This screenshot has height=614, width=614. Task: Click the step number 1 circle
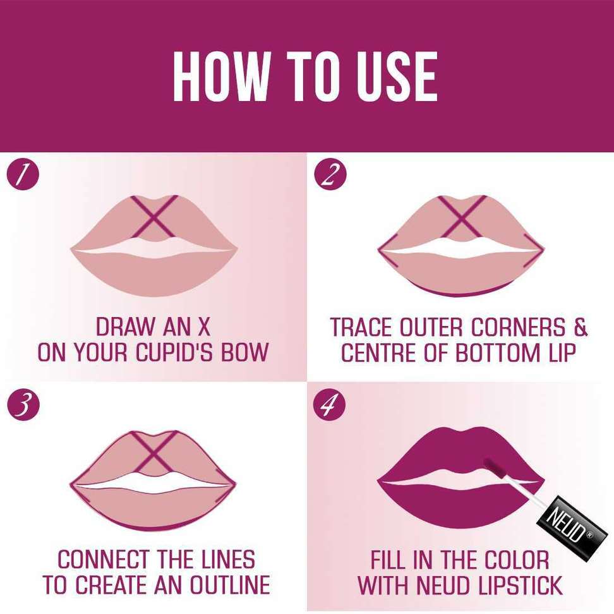[x=23, y=174]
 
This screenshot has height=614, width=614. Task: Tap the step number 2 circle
[x=330, y=174]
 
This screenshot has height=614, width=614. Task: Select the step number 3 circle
[x=23, y=404]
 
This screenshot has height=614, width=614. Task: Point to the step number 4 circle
[x=330, y=404]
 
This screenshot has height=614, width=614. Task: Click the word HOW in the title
[x=222, y=76]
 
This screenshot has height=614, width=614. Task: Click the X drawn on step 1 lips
[x=154, y=217]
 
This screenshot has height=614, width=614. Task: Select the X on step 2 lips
[x=462, y=217]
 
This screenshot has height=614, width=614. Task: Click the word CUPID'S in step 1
[x=176, y=352]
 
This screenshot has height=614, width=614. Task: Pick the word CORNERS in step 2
[x=519, y=327]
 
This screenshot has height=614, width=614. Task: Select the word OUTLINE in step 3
[x=230, y=585]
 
